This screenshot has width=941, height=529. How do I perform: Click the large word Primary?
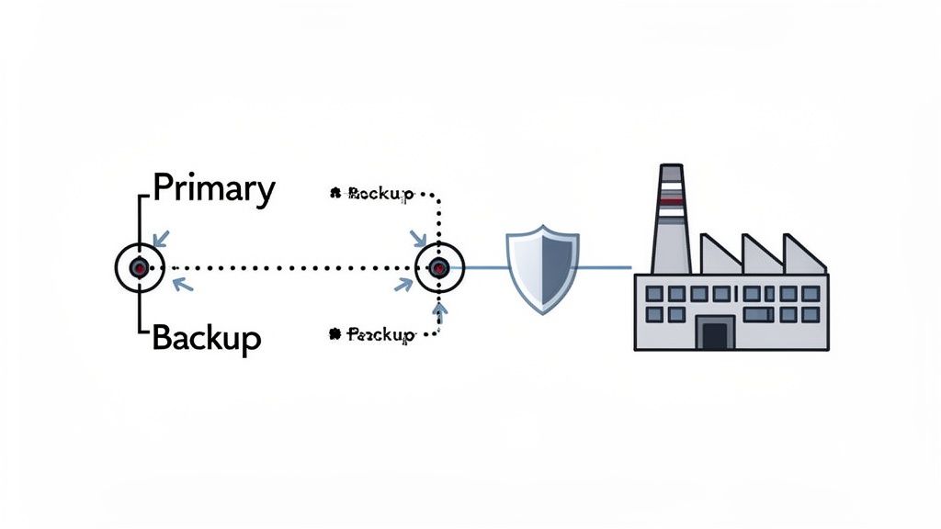point(213,189)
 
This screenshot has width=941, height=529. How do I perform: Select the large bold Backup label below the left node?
point(206,338)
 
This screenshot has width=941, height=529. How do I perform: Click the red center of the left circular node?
point(139,267)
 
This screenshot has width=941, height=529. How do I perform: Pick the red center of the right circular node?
point(439,268)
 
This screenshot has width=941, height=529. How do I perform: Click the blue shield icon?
point(542,267)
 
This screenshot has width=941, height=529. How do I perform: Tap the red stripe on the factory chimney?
point(671,197)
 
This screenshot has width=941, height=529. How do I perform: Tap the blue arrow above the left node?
point(161,239)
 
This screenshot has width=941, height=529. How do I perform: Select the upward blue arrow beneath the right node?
point(439,312)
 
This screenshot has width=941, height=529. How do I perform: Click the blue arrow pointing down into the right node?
point(419,239)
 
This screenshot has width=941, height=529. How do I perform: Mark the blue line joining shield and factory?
point(602,268)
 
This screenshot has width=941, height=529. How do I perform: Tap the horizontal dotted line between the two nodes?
point(289,268)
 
